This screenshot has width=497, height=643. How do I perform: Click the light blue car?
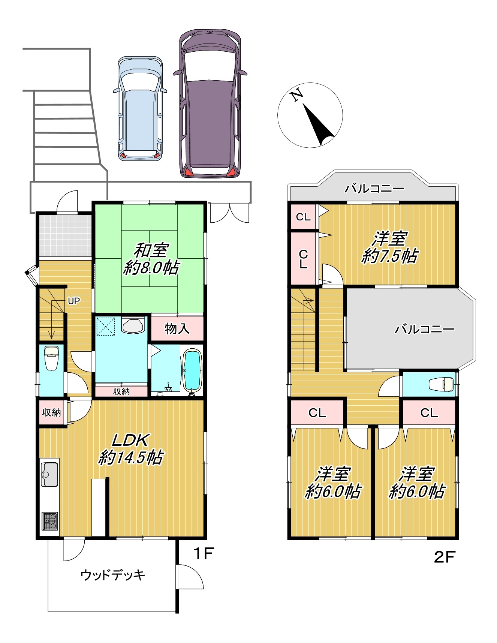(140, 109)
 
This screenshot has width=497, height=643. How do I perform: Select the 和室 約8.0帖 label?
(151, 259)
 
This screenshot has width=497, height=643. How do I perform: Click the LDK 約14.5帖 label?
(131, 449)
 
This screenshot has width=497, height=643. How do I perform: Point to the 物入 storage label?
(177, 329)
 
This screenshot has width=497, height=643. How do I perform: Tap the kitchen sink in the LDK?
(49, 474)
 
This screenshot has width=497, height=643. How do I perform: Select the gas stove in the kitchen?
(49, 521)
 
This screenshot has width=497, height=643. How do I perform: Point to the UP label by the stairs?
(74, 301)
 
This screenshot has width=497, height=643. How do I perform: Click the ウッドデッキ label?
(112, 575)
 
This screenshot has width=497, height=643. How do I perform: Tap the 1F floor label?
(203, 553)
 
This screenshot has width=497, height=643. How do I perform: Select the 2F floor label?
(445, 557)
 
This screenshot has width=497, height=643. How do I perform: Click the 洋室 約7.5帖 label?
(390, 247)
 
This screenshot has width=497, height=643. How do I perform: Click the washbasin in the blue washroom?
(133, 325)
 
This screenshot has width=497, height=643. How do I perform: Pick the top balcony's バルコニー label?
(374, 188)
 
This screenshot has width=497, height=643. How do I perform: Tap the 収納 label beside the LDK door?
(51, 413)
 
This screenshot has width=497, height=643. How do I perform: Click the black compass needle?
(318, 124)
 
